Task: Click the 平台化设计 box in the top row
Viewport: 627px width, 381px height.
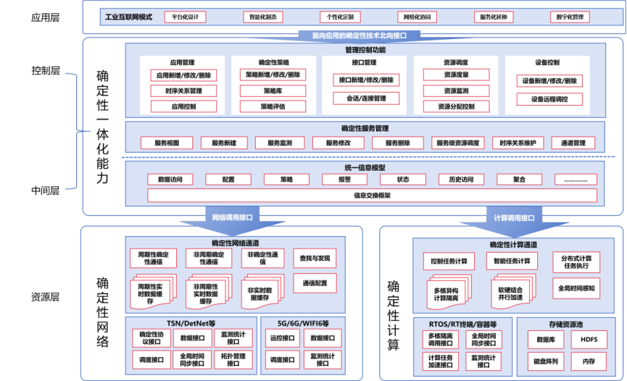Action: tap(186, 16)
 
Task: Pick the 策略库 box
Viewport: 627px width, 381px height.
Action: tap(273, 91)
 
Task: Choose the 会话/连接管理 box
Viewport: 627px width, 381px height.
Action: tap(366, 98)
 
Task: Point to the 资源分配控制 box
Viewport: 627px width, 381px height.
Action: tap(456, 106)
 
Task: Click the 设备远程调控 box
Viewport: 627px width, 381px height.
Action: tap(549, 99)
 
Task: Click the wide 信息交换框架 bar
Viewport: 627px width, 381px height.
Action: tap(373, 195)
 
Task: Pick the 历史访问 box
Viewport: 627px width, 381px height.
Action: tap(460, 179)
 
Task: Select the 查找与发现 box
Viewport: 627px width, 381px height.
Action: tap(315, 259)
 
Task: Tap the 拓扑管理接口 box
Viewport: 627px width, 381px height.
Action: tap(233, 359)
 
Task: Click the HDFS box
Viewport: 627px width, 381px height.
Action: tap(584, 339)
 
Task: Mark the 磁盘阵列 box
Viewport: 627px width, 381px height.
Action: tap(546, 360)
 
